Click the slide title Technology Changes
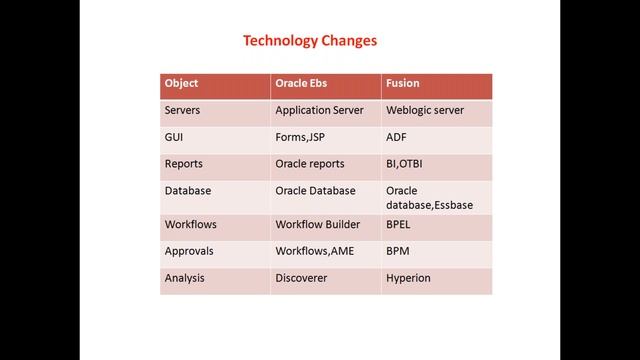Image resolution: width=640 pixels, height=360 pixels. coord(310,41)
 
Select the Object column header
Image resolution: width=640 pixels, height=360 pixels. coord(182,85)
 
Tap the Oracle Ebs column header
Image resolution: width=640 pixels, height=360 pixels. coord(305,85)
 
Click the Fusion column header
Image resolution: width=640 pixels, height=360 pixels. coord(403,85)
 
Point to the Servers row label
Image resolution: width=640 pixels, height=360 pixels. coord(184,111)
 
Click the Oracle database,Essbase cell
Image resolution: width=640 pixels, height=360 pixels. coord(429,197)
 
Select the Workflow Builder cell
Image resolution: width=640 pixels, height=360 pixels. coord(317,225)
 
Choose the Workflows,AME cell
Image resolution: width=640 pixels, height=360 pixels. coord(315,252)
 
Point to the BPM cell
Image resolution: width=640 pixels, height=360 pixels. coord(399,252)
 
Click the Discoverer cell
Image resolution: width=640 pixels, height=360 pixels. coord(303,279)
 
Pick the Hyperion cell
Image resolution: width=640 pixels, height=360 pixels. coord(408,279)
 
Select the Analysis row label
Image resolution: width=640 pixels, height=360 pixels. coord(184,279)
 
